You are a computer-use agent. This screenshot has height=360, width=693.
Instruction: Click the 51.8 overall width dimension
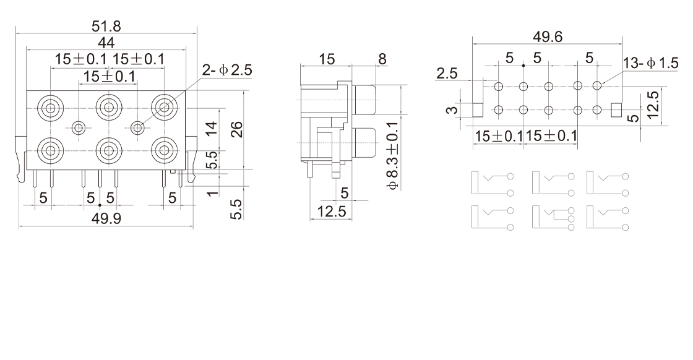point(106,27)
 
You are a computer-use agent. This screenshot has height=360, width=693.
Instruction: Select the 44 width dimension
point(106,43)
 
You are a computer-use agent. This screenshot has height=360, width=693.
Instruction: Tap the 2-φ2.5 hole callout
point(226,70)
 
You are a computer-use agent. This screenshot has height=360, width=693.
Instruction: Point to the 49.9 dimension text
point(106,218)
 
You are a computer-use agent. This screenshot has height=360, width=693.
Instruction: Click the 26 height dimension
point(237,129)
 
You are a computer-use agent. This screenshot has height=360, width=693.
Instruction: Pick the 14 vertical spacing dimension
point(212,129)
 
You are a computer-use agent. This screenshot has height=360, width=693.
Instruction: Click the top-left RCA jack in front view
point(50,108)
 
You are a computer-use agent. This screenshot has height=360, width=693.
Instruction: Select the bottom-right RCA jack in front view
point(164,150)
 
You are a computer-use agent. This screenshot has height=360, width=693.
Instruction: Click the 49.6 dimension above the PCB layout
point(548,36)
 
